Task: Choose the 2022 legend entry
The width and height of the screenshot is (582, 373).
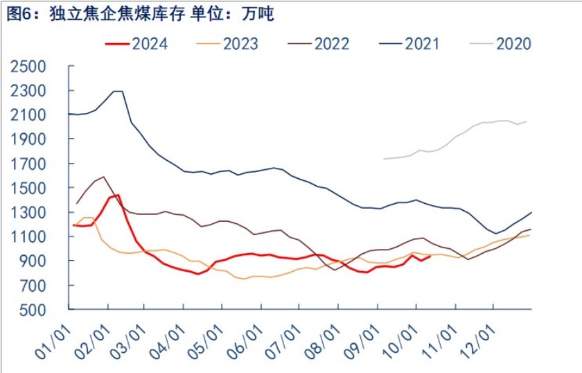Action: pos(318,44)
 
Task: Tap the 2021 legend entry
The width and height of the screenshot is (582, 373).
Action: pos(409,44)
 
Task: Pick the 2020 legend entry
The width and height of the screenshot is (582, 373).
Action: pos(500,44)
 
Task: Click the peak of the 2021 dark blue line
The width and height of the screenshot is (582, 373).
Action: pos(117,92)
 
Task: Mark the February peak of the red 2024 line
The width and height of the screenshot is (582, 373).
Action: pos(118,195)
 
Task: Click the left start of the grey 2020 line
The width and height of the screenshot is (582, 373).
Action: pos(384,159)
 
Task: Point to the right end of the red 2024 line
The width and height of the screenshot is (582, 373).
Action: pos(431,256)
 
